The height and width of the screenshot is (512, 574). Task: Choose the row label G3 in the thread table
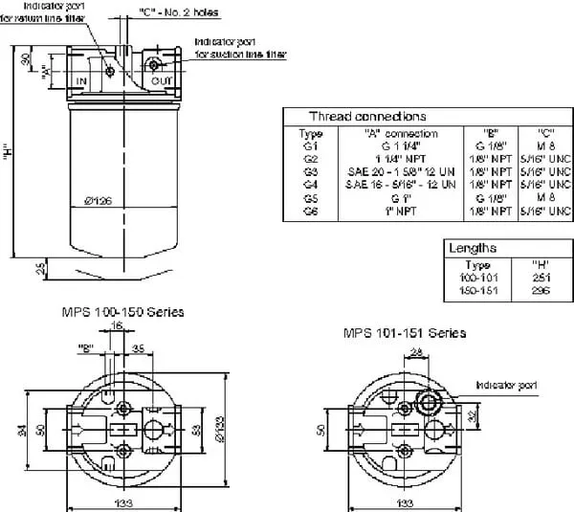coord(310,170)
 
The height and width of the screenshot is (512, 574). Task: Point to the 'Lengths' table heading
coord(473,248)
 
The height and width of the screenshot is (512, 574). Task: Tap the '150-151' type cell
coord(478,288)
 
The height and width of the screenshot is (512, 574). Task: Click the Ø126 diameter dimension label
coord(99,200)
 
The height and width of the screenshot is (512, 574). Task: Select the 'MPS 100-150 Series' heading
coord(121,312)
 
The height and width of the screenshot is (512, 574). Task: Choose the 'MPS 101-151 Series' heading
coord(405,333)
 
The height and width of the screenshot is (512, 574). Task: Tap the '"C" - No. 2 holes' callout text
coord(180,12)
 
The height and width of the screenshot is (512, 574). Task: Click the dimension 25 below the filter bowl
coord(41,270)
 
